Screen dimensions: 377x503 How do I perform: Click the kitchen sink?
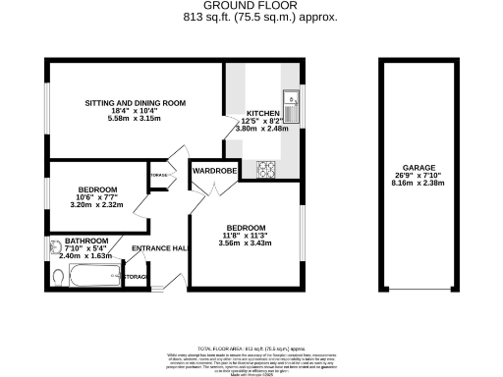click(292, 98)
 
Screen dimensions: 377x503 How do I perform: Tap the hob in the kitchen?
click(266, 170)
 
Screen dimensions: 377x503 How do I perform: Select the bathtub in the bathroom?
click(96, 278)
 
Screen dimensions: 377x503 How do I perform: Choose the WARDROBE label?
click(215, 171)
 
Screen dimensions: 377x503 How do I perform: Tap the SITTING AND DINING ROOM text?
click(136, 103)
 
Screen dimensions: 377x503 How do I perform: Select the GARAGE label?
click(419, 168)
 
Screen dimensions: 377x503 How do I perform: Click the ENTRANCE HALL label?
click(160, 247)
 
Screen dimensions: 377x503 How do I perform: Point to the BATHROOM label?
click(86, 239)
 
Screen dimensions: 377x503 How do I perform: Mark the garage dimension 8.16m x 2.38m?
click(419, 184)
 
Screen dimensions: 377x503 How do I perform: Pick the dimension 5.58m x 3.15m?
click(136, 119)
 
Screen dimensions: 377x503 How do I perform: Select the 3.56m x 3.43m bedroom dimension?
click(245, 242)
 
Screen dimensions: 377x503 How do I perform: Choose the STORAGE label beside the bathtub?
click(137, 278)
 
